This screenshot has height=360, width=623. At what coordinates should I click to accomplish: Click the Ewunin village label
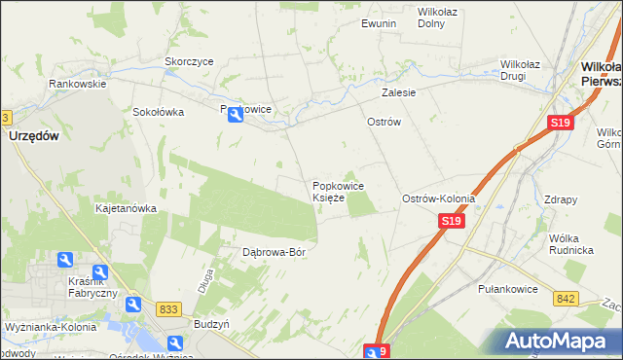(379, 23)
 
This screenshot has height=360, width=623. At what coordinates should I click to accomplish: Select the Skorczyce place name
(189, 61)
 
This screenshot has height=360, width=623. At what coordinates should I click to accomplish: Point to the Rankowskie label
(78, 84)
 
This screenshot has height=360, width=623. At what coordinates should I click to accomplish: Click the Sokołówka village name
(159, 112)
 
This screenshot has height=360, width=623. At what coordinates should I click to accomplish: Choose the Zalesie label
(399, 93)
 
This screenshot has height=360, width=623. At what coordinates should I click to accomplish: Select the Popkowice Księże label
(338, 192)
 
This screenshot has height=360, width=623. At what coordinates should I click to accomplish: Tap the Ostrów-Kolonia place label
(438, 198)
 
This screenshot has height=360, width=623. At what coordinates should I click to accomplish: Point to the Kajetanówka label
(126, 208)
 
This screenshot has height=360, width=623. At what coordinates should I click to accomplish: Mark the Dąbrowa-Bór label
(274, 252)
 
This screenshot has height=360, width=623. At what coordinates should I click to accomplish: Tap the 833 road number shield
(168, 308)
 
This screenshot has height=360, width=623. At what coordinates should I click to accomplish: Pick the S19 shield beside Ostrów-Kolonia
(450, 222)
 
